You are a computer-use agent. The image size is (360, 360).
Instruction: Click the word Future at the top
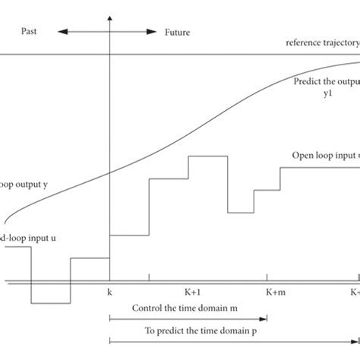click(178, 33)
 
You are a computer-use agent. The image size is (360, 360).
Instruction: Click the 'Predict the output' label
click(325, 81)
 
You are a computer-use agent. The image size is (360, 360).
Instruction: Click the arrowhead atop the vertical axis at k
click(111, 17)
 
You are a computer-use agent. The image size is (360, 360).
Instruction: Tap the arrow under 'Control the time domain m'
click(189, 320)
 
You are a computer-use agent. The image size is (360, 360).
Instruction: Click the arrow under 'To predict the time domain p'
click(228, 343)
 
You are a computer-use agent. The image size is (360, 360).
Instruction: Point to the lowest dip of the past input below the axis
click(50, 302)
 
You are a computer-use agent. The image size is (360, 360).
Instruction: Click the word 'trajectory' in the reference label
click(338, 43)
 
